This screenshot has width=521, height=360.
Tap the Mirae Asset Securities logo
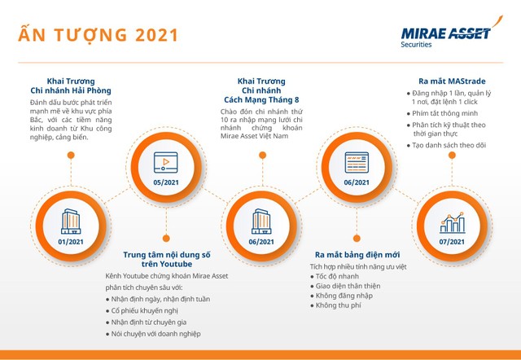click(x=446, y=36)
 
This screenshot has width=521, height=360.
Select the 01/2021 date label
click(x=70, y=242)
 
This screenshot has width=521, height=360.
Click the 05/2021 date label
click(x=165, y=182)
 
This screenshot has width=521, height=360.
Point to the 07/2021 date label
click(x=451, y=242)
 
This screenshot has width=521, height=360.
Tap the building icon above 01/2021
click(x=70, y=220)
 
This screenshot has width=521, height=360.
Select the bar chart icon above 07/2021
click(x=451, y=222)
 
